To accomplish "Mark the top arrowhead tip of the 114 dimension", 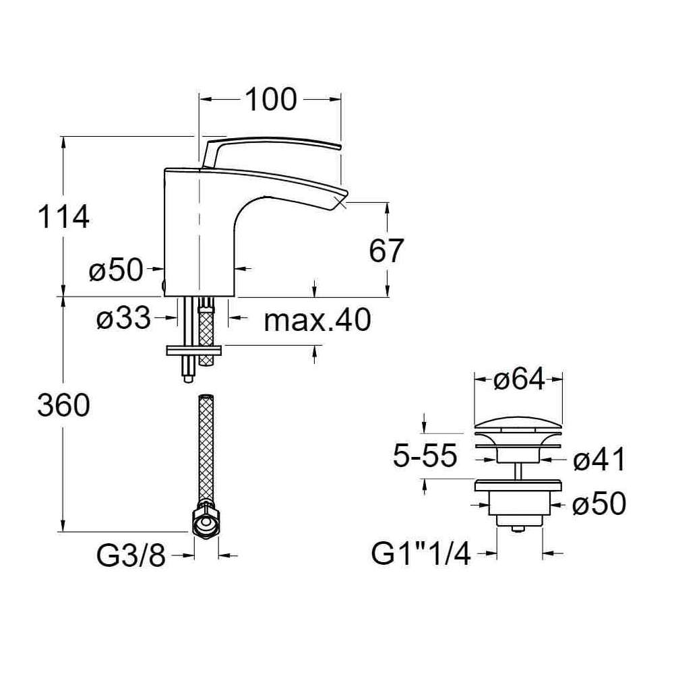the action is [63, 137].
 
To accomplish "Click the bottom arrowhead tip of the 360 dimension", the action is [63, 532].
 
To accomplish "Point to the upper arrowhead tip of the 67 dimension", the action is [388, 202].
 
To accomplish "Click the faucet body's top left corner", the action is [164, 168].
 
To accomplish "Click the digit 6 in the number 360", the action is [63, 406].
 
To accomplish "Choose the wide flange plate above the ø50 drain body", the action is [518, 486].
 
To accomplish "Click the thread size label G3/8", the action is [131, 556].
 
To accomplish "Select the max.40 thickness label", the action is [317, 319].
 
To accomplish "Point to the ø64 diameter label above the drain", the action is [519, 379].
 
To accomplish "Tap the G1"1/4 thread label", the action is [421, 555].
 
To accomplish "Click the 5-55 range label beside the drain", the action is [425, 456].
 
